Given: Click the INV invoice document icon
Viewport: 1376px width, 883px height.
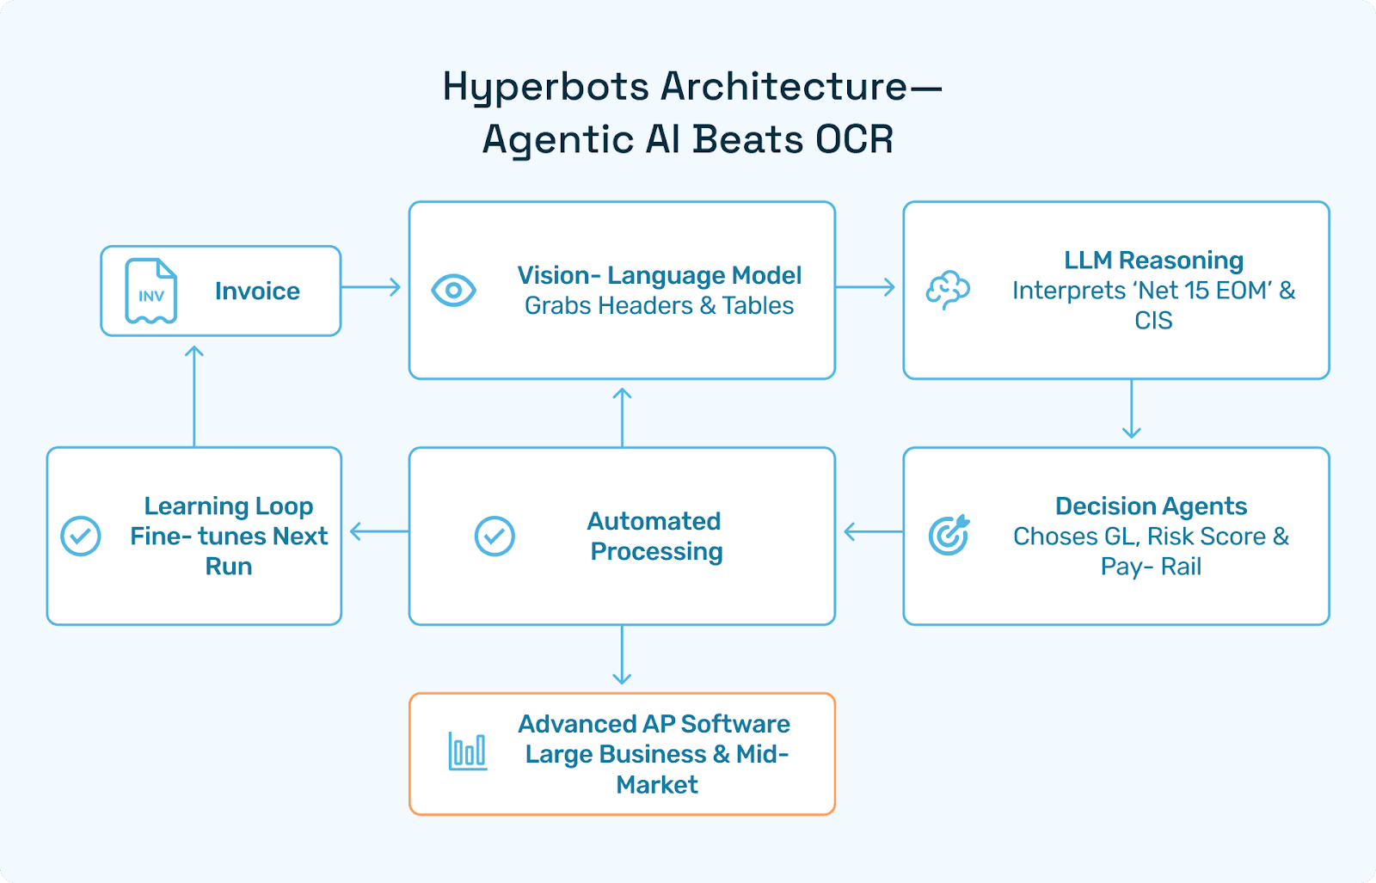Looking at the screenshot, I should click(151, 291).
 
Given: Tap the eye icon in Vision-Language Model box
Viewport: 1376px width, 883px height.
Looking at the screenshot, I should click(453, 291).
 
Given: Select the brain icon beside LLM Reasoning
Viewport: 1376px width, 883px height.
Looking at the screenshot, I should click(948, 291).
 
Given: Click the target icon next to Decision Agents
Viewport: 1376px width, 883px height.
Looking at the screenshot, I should click(949, 535).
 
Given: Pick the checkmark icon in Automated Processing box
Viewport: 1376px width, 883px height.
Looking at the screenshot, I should click(494, 537).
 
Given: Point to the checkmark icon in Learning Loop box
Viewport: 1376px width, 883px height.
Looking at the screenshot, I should click(81, 537).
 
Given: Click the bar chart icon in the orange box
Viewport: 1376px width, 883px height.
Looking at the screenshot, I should click(468, 751).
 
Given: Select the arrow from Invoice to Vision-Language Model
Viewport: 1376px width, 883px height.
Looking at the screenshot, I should click(372, 287).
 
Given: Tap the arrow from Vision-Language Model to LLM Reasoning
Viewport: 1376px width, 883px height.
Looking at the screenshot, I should click(865, 287).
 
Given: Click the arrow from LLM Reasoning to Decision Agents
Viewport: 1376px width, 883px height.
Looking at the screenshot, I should click(1132, 409).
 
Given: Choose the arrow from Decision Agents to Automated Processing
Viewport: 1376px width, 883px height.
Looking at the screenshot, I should click(872, 532).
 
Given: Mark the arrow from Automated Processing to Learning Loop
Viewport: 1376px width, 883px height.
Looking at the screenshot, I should click(378, 532).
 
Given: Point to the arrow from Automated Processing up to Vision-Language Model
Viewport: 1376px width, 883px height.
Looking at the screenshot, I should click(622, 416).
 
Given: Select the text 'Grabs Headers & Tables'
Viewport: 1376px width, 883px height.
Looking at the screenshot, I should click(659, 306).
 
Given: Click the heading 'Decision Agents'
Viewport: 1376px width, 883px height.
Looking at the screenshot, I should click(1151, 506).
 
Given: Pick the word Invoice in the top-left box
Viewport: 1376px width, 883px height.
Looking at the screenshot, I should click(257, 291).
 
